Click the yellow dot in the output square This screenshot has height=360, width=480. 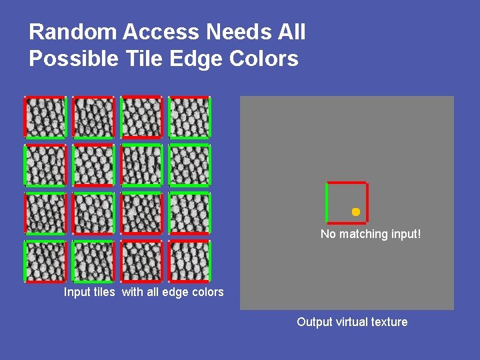coord(356,212)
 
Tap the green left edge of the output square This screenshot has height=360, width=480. coord(327,202)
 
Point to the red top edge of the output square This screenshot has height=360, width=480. coord(347,183)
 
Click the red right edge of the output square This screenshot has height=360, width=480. coord(367,202)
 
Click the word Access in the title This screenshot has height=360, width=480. coord(158,32)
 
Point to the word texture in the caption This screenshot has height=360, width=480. coord(390,322)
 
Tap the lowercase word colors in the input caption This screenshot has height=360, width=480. coord(207,292)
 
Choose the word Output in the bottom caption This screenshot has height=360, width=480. coord(314,322)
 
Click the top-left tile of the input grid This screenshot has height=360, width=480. coord(45,117)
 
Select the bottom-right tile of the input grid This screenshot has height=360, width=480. coord(189,261)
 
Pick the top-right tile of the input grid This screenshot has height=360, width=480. coord(189,117)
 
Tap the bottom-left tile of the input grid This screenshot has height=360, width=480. coord(45,261)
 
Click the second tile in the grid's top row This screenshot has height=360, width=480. coord(93,117)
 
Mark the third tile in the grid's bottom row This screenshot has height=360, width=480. coord(141,261)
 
